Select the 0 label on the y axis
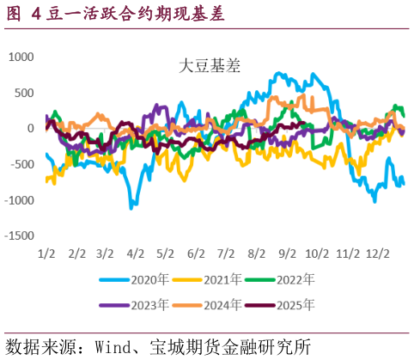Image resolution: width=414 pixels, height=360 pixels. pos(30,129)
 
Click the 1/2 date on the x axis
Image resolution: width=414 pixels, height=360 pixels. pos(47,254)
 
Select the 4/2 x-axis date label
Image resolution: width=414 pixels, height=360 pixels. pos(136,254)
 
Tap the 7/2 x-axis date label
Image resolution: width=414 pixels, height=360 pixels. pos(227,254)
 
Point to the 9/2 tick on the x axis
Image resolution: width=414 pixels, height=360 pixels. pos(288,254)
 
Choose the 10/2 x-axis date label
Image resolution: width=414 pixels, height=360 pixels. pos(318,254)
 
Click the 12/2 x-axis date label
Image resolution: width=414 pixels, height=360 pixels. pos(378,254)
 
